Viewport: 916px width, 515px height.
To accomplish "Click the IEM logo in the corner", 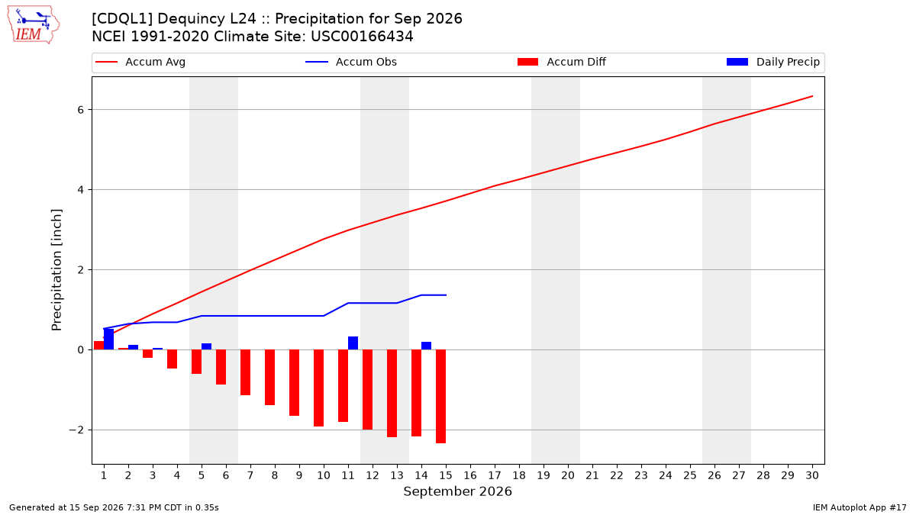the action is click(34, 24).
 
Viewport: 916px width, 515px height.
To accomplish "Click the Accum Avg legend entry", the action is click(140, 62).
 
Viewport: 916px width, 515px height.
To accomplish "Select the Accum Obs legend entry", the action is click(351, 62).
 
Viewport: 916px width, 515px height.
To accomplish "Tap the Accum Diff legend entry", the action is click(562, 62).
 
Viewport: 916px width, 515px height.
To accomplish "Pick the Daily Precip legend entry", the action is click(772, 62).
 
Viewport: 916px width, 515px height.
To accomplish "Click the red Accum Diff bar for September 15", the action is click(441, 397).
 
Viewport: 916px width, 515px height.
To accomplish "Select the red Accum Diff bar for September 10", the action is click(318, 388).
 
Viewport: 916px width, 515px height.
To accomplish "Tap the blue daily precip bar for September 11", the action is click(353, 343).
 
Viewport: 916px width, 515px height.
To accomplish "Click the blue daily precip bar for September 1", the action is click(108, 339).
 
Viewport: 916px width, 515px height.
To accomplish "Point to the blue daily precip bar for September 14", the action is click(426, 346).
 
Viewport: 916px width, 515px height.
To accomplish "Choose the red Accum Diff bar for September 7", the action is click(245, 372).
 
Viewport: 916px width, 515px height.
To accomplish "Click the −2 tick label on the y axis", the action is click(76, 430).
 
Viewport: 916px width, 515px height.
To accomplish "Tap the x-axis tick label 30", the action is click(812, 475).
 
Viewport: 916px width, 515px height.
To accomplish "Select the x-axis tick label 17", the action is click(495, 475).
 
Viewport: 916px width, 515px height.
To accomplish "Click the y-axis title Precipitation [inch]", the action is click(56, 270).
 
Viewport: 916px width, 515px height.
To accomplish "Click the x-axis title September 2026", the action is click(457, 491).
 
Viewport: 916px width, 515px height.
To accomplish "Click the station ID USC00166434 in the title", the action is click(362, 37).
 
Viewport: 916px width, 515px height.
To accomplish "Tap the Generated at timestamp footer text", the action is click(114, 507).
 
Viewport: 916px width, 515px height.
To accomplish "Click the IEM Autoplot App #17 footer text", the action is click(860, 507).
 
